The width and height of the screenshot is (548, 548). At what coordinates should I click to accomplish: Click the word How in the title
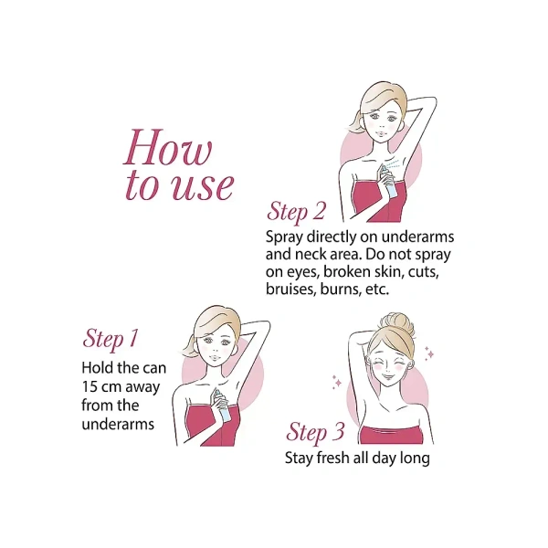(x=168, y=147)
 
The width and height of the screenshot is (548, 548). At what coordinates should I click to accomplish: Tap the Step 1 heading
(x=111, y=338)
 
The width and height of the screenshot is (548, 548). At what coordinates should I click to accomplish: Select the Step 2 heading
(x=296, y=212)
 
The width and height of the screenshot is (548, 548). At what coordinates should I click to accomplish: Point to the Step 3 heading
(x=315, y=432)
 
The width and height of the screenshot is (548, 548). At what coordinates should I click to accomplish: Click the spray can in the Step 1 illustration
(x=221, y=405)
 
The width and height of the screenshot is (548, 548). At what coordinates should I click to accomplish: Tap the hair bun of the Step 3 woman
(x=396, y=323)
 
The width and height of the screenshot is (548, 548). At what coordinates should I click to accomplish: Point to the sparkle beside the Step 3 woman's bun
(x=429, y=353)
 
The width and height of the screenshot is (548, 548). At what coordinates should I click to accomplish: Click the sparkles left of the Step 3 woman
(x=337, y=382)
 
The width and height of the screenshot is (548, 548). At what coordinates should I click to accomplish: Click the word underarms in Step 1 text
(x=118, y=424)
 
